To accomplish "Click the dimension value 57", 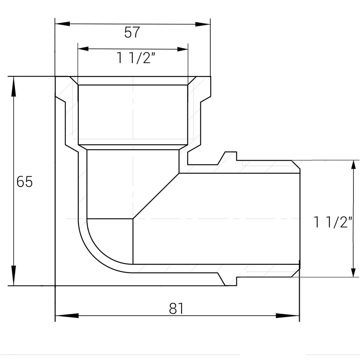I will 132,33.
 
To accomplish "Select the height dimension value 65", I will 24,182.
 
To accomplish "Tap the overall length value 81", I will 176,309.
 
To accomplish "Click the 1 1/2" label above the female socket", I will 133,58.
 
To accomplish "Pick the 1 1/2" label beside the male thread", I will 332,222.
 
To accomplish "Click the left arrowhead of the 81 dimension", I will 63,316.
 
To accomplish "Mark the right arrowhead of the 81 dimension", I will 292,316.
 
